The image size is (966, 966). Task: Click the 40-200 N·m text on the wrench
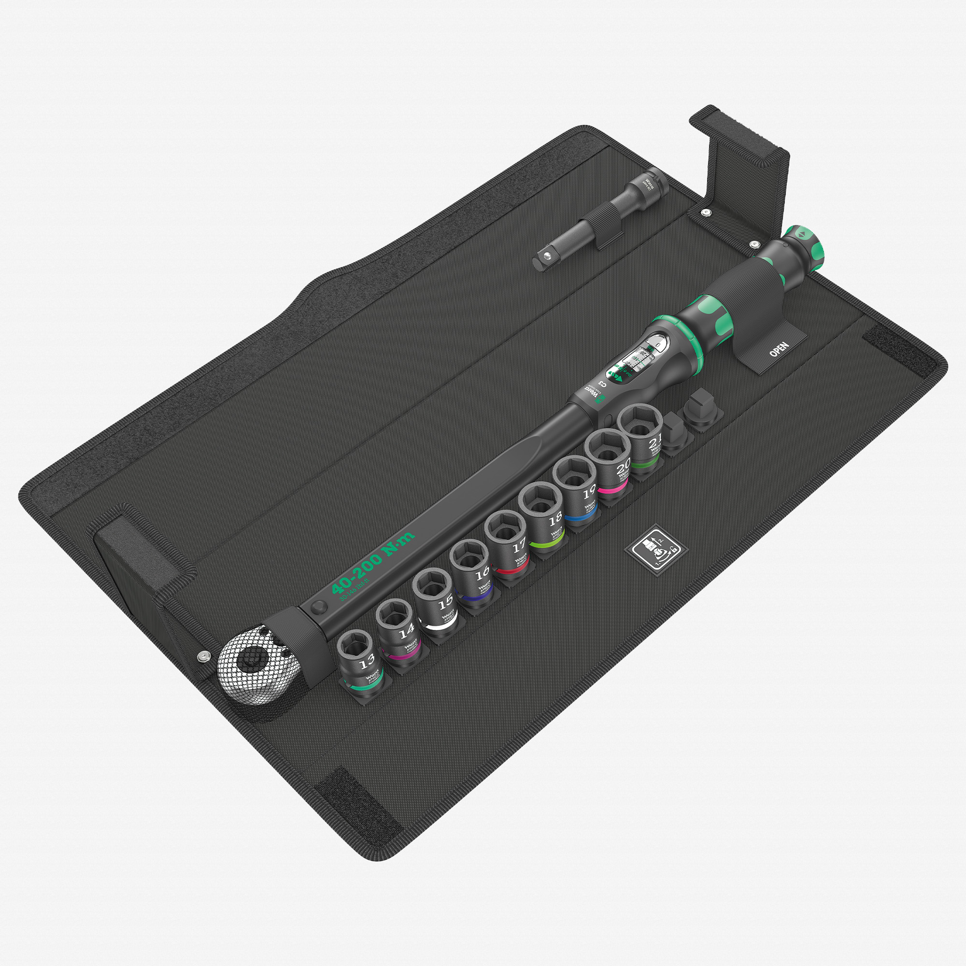click(372, 563)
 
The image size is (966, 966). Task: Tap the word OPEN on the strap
click(779, 350)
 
